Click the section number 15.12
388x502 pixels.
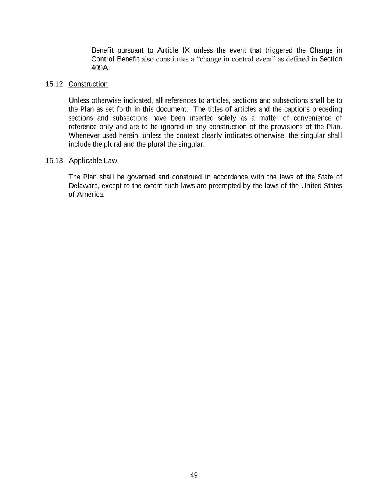pyautogui.click(x=54, y=84)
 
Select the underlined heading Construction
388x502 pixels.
pyautogui.click(x=88, y=84)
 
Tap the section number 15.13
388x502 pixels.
pyautogui.click(x=54, y=161)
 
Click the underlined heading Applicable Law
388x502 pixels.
pyautogui.click(x=93, y=161)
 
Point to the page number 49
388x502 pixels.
pyautogui.click(x=194, y=475)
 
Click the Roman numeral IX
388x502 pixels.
pyautogui.click(x=186, y=50)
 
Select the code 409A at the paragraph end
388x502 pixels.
pyautogui.click(x=100, y=68)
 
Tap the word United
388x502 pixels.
pyautogui.click(x=311, y=186)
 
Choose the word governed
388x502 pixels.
pyautogui.click(x=141, y=177)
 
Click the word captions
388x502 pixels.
pyautogui.click(x=297, y=109)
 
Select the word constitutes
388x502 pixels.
pyautogui.click(x=172, y=59)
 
